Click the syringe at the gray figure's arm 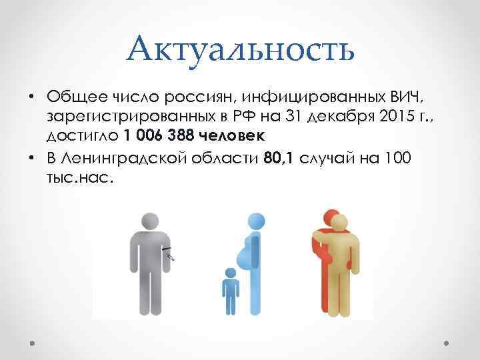click(x=170, y=253)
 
